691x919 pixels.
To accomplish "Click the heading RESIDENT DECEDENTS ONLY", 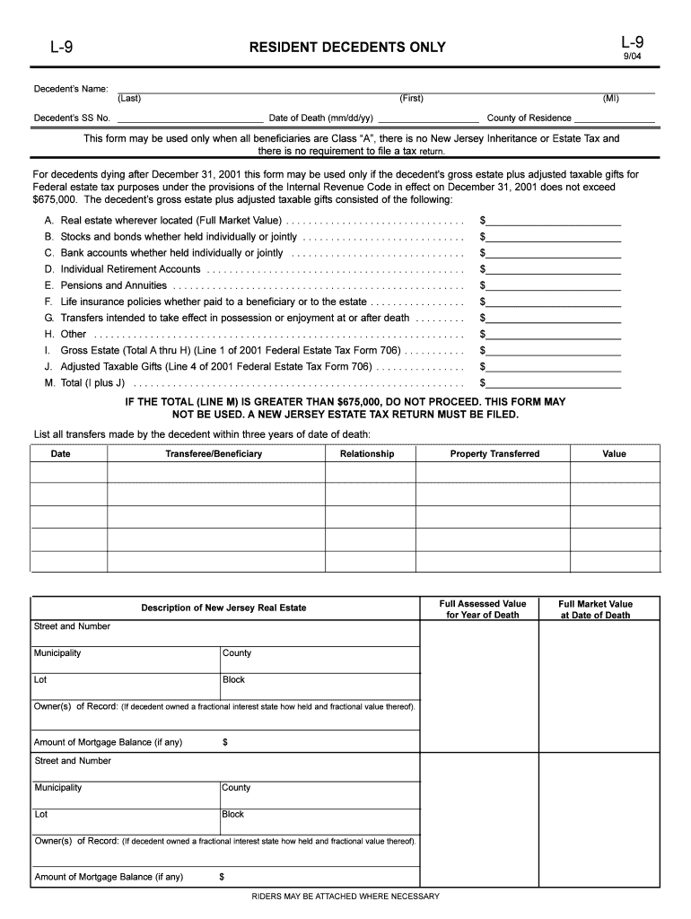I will (x=346, y=48).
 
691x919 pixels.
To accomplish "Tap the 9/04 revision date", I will (x=633, y=56).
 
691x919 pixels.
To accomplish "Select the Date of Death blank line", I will (x=428, y=118).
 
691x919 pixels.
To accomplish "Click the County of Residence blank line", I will (x=615, y=118).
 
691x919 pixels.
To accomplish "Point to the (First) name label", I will (x=412, y=98).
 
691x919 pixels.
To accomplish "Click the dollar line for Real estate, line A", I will (x=554, y=221).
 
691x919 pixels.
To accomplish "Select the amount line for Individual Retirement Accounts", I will (x=554, y=269).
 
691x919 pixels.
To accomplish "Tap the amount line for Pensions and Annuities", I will (x=554, y=285).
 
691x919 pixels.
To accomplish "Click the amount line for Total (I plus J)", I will (x=554, y=382).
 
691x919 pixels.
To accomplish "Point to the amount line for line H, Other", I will (x=554, y=334).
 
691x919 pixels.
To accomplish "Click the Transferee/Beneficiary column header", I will (x=214, y=454).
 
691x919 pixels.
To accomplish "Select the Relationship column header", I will (x=367, y=454).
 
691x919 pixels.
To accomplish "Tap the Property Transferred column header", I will (x=494, y=454).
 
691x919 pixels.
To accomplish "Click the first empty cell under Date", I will (x=69, y=471).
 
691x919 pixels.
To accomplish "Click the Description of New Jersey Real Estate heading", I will (x=223, y=608).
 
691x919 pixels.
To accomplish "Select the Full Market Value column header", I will (x=595, y=609).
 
